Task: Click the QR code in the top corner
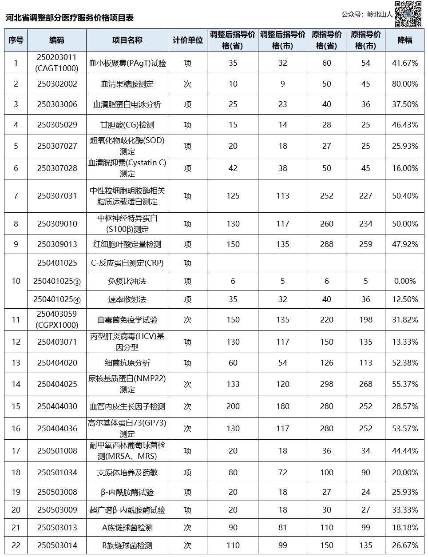click(408, 14)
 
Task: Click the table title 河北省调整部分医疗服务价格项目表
click(70, 18)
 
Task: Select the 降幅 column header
click(404, 40)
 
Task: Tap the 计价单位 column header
click(187, 40)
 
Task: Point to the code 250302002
click(57, 84)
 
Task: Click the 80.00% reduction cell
click(404, 84)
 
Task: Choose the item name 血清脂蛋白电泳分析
click(127, 104)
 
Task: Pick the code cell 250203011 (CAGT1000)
click(57, 63)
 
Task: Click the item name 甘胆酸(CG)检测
click(127, 125)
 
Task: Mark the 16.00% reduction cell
click(404, 168)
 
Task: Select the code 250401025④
click(57, 299)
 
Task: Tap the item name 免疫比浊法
click(127, 281)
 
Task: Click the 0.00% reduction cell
click(404, 281)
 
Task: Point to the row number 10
click(16, 281)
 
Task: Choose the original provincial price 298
click(326, 384)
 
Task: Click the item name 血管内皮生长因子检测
click(127, 406)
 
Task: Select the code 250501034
click(57, 473)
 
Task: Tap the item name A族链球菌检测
click(127, 528)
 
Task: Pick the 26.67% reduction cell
click(404, 545)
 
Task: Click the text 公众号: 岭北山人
click(367, 15)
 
